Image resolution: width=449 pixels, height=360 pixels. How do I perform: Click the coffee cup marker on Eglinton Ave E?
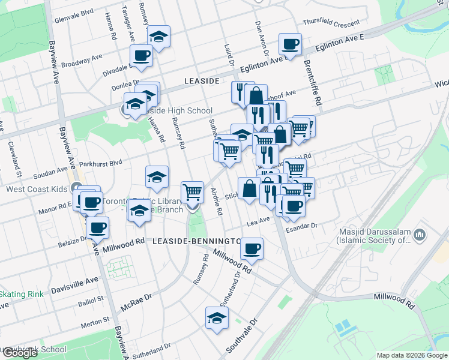(291, 44)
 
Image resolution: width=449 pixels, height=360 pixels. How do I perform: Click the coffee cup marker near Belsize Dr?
(97, 228)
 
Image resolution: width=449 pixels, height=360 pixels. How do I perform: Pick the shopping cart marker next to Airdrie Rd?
(192, 193)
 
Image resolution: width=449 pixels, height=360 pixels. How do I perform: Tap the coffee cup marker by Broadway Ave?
(142, 56)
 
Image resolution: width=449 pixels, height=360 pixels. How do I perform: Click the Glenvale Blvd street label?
(74, 12)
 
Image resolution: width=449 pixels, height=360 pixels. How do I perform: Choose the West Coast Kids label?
(36, 189)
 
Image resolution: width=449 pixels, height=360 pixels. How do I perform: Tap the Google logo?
(19, 353)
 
